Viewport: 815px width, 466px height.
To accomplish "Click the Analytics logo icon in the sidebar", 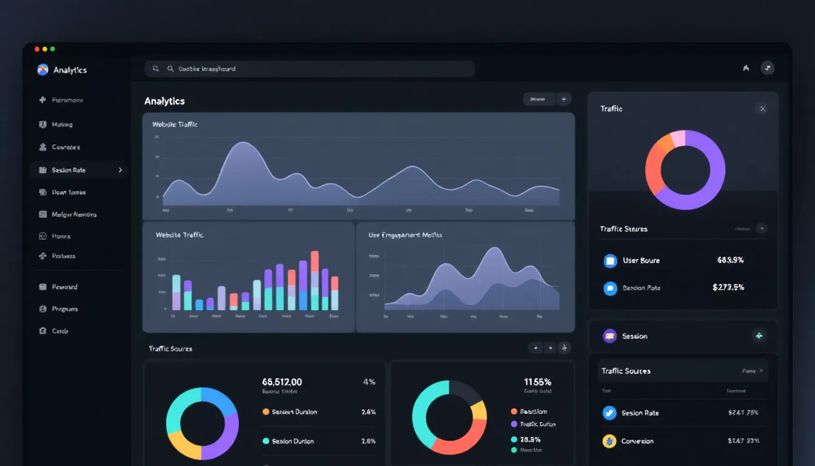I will (42, 70).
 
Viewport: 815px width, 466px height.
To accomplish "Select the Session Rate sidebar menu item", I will (69, 171).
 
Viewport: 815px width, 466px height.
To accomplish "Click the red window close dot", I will (37, 49).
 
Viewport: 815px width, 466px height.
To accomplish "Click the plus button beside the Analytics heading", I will (564, 99).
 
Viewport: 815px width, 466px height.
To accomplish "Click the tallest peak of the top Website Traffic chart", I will (242, 144).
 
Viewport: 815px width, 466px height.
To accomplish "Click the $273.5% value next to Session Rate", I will (728, 288).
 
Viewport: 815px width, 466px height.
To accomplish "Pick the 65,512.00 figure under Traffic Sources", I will (282, 382).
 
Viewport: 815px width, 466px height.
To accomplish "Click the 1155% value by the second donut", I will (537, 382).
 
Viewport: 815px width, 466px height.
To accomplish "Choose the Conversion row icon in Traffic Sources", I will (609, 441).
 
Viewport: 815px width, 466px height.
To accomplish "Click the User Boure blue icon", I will (610, 261).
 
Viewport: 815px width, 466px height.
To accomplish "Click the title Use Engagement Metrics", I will (405, 235).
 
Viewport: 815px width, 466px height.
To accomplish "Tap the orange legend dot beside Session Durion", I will (266, 412).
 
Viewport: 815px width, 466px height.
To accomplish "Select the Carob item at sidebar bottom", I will (59, 331).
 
